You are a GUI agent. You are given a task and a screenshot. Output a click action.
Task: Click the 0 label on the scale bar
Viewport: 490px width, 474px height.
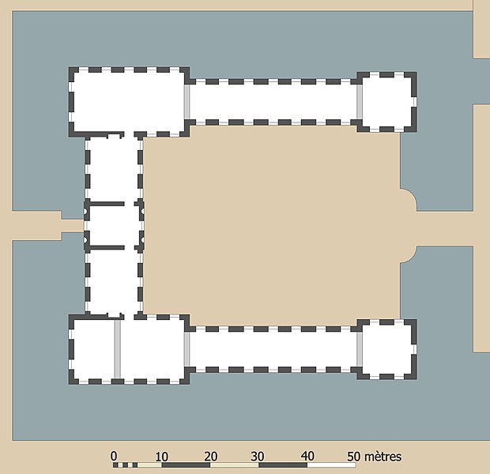click(114, 456)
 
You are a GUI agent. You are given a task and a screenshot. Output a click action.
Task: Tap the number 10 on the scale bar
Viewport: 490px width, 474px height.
click(161, 457)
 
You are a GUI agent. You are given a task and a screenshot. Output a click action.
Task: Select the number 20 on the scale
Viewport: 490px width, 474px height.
click(211, 457)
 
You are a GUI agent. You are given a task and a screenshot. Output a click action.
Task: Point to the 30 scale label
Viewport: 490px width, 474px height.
click(258, 457)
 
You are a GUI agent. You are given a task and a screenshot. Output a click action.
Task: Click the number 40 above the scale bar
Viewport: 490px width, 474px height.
click(307, 456)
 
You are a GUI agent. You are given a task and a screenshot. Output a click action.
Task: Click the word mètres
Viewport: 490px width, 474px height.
click(383, 457)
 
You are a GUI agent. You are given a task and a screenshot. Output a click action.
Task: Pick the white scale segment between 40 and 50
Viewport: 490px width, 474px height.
click(332, 465)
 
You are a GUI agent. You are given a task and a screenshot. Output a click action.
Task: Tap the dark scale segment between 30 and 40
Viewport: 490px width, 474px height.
click(283, 465)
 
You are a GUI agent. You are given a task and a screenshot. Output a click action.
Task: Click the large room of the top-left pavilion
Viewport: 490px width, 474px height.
click(129, 102)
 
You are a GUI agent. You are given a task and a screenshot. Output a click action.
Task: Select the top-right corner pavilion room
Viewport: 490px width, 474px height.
click(387, 102)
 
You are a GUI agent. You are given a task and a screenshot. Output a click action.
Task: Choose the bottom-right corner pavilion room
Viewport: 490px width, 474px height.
click(387, 349)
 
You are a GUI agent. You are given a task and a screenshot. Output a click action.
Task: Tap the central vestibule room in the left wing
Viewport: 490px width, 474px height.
click(114, 226)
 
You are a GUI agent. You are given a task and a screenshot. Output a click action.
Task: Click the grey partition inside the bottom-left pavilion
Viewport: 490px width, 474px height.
click(118, 348)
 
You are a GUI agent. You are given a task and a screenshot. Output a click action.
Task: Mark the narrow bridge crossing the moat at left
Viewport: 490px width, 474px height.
click(73, 226)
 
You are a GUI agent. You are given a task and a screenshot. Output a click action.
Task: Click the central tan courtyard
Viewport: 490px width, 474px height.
click(272, 226)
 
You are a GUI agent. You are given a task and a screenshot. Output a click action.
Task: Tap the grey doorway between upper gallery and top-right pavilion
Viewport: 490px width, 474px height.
click(360, 102)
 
